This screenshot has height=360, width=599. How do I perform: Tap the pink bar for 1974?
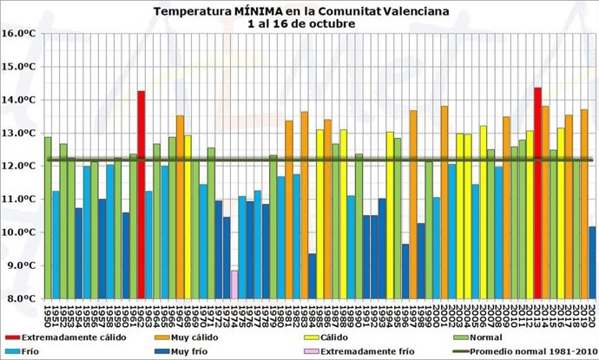[234, 285]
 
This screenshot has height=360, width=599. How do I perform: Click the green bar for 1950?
[48, 217]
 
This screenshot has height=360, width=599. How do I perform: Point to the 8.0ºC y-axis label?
[19, 298]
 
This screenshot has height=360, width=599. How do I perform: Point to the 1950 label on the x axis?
[48, 312]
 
